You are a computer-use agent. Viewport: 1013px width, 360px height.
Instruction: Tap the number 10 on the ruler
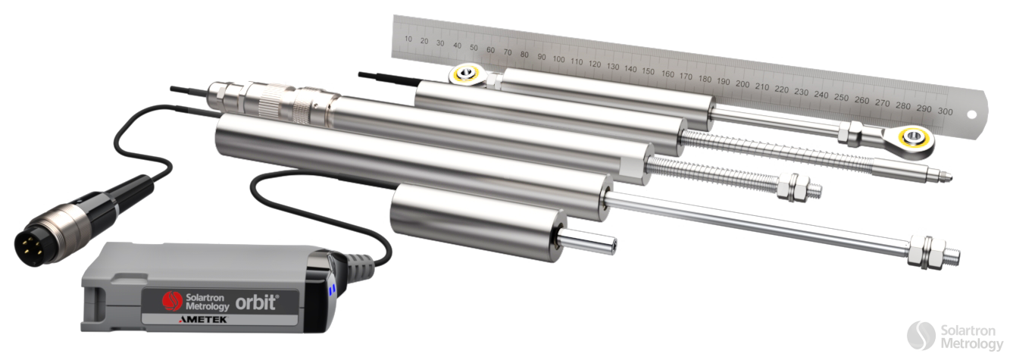click(408, 39)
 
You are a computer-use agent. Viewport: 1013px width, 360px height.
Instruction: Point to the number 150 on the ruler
click(647, 71)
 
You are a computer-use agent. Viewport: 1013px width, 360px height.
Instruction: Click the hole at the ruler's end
click(972, 115)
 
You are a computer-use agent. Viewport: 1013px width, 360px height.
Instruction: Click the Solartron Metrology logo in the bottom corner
click(954, 337)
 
